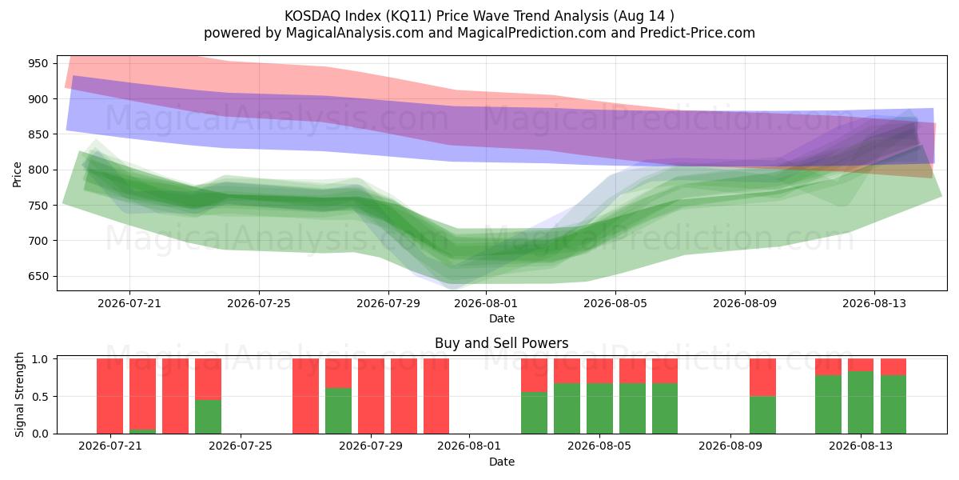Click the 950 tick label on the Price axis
[x=38, y=63]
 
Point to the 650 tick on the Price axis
[x=38, y=277]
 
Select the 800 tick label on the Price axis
[x=38, y=170]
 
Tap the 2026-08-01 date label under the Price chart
[x=486, y=303]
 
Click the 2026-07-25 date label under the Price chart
[x=259, y=303]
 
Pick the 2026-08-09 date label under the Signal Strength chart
[x=730, y=446]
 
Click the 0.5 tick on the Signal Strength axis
[x=40, y=397]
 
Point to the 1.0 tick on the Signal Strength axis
[x=40, y=358]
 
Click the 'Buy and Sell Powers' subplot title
[x=502, y=343]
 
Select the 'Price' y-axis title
[x=17, y=174]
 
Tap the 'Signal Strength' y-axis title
[x=19, y=394]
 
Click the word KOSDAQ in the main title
[x=311, y=16]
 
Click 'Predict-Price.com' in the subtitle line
[x=698, y=33]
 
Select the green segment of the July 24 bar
[x=208, y=417]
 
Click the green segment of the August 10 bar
[x=762, y=415]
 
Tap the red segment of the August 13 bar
[x=861, y=365]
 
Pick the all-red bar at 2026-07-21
[x=110, y=396]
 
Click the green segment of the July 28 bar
[x=338, y=411]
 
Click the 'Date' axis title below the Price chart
[x=502, y=318]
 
